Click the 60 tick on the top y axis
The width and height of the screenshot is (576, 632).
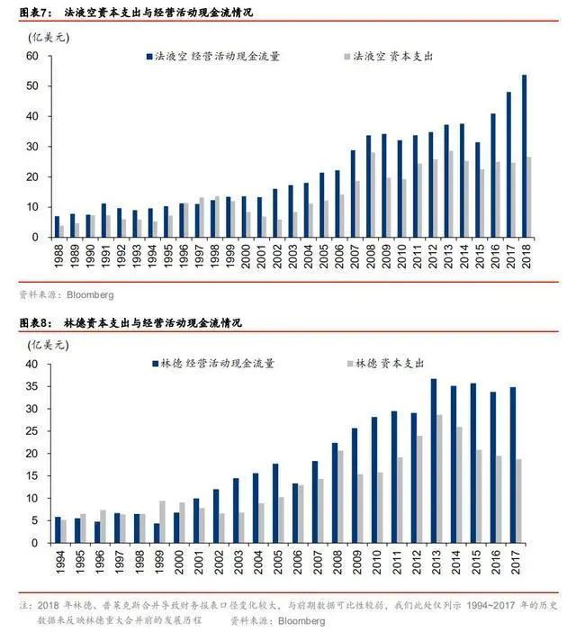tap(32, 56)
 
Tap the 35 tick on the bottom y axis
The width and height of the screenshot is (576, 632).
tap(32, 386)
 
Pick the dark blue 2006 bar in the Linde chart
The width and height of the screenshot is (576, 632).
tap(294, 513)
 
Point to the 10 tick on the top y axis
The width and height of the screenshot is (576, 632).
tap(32, 207)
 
